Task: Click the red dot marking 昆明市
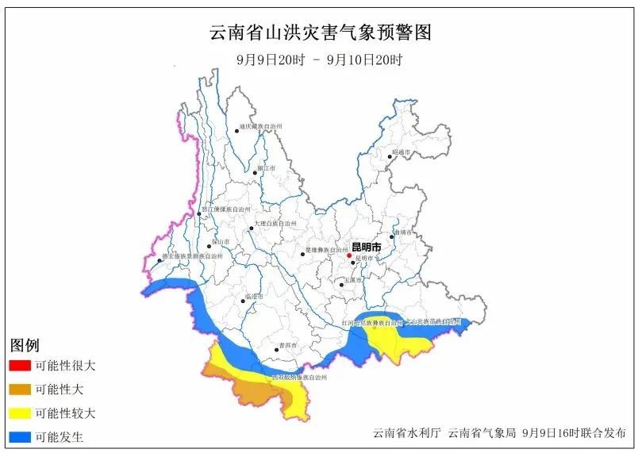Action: [x=349, y=255]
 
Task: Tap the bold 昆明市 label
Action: [x=366, y=248]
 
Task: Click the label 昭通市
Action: [x=401, y=152]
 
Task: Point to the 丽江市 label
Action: [x=267, y=170]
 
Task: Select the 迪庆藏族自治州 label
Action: [x=261, y=126]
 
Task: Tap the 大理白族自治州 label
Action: [x=276, y=225]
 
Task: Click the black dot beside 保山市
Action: [x=209, y=246]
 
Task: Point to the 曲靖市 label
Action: [x=403, y=232]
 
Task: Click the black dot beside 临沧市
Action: [x=244, y=301]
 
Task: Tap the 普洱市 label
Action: [x=287, y=346]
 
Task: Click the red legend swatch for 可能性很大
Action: [x=21, y=367]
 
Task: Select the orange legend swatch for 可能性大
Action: [x=21, y=390]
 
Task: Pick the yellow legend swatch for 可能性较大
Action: [x=21, y=413]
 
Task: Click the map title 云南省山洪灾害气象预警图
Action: [x=320, y=33]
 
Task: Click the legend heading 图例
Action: [x=25, y=346]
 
